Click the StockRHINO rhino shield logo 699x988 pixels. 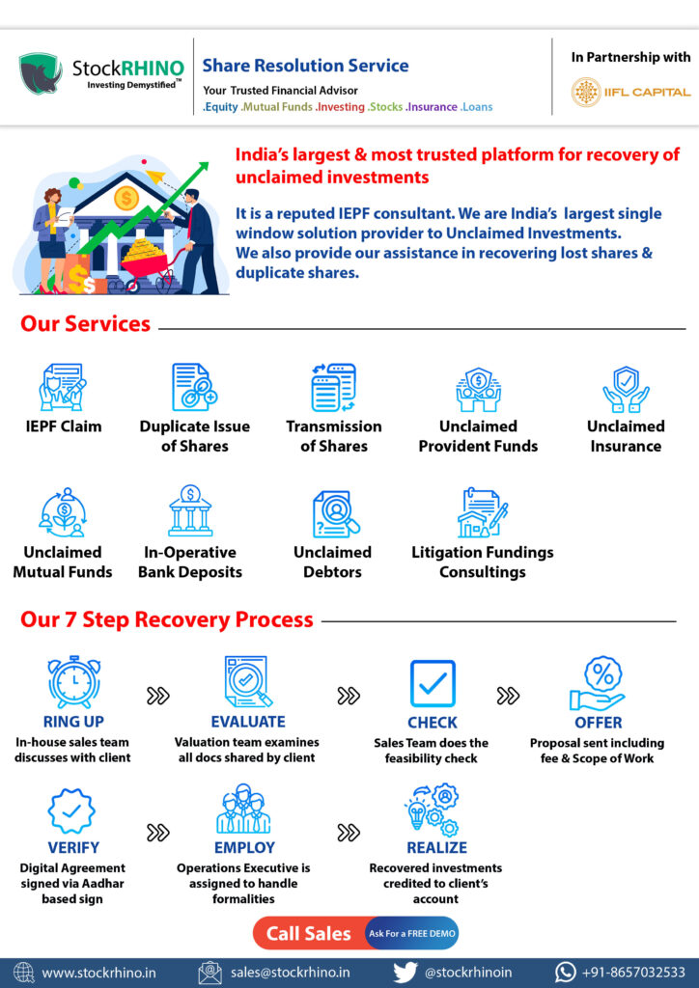click(x=41, y=73)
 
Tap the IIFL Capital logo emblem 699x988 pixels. click(x=586, y=92)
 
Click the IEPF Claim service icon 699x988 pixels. click(x=63, y=387)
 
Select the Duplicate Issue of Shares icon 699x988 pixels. click(x=194, y=387)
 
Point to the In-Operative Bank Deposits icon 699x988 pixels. click(x=190, y=510)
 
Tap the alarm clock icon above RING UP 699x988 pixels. click(x=73, y=682)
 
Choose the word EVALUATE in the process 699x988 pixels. click(x=248, y=722)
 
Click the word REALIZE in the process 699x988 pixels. click(x=436, y=847)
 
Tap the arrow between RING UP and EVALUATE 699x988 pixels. click(x=157, y=696)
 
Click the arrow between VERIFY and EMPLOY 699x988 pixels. click(x=157, y=833)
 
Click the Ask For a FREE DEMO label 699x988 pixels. click(x=412, y=933)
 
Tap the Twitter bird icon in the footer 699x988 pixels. click(x=405, y=973)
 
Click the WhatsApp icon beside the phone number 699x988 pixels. click(x=566, y=973)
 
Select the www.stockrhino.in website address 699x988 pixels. click(x=98, y=973)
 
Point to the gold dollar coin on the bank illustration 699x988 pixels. click(x=126, y=199)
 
